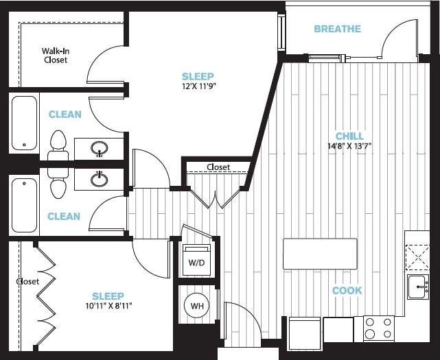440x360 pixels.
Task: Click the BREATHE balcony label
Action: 337,29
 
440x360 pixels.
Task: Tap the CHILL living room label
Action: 349,136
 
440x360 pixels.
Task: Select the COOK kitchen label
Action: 347,291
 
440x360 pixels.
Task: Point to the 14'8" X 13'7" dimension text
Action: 349,145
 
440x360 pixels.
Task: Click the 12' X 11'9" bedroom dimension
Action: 198,86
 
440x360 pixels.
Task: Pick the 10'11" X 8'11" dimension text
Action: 108,306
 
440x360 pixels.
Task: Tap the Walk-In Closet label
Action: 55,56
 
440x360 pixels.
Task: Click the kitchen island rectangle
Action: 320,254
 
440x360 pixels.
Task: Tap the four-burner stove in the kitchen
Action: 379,328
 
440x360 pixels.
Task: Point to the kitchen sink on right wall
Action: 417,287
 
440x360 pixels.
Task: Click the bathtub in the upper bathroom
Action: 24,124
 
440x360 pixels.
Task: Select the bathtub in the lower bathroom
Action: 24,205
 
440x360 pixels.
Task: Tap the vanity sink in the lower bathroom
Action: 100,179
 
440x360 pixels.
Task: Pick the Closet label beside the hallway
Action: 218,167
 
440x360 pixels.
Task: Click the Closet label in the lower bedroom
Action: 28,281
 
